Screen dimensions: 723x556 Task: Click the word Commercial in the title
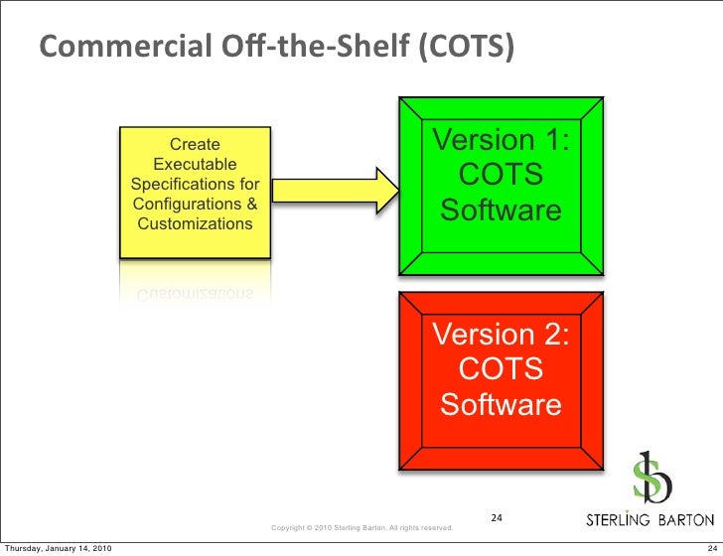tap(115, 47)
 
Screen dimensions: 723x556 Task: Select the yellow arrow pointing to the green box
tap(334, 189)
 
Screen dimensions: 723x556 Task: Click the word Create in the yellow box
tap(194, 145)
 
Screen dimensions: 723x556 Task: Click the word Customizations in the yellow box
tap(195, 224)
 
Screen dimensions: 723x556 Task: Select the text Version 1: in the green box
tap(501, 140)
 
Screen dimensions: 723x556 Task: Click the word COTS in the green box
tap(501, 176)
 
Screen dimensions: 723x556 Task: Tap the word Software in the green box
tap(501, 211)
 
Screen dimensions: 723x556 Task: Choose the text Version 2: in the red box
tap(501, 335)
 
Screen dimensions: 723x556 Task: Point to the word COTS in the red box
tap(501, 369)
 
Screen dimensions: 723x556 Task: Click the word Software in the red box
tap(501, 405)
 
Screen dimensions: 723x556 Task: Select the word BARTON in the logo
tap(685, 519)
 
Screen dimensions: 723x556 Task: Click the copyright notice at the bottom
tap(362, 527)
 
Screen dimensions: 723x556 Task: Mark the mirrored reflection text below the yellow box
tap(195, 293)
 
